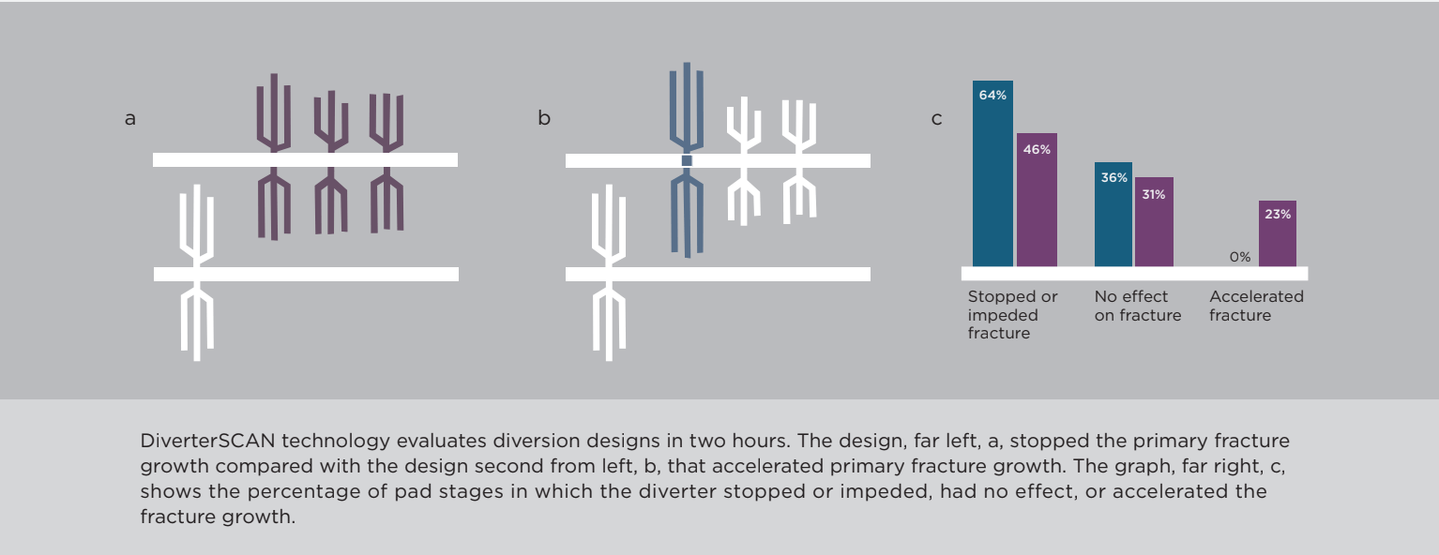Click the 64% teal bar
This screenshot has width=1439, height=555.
point(992,173)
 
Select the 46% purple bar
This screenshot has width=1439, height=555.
point(1037,200)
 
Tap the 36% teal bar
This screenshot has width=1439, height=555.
point(1113,215)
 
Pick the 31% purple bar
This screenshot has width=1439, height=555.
point(1155,221)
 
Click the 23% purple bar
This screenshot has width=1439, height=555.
point(1277,233)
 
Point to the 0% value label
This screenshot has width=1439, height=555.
point(1240,257)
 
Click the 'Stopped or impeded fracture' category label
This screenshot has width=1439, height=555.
point(1012,315)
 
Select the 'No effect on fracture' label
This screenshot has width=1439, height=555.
point(1138,306)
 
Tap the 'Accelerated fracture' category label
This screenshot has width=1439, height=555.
point(1257,306)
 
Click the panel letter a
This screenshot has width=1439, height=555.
point(129,119)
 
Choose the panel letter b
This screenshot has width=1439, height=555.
point(544,117)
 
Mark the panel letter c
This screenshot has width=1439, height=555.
point(936,119)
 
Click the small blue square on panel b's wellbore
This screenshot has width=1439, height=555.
point(687,160)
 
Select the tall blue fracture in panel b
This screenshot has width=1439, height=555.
point(687,160)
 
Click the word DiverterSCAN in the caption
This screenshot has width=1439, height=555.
point(207,441)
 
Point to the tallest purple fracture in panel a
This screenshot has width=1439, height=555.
point(274,157)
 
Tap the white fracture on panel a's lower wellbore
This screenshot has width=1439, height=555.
point(197,273)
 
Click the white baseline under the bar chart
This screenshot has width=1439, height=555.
point(1134,274)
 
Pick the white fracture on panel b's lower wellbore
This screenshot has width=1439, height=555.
point(609,273)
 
